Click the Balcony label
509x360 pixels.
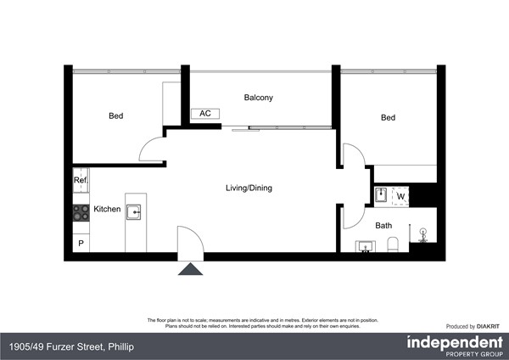(258, 98)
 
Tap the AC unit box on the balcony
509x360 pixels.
(204, 113)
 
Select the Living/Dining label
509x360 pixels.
(249, 188)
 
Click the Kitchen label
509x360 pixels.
(107, 209)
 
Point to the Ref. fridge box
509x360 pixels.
(81, 181)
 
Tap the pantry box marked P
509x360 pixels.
(81, 243)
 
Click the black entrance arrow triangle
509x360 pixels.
(191, 269)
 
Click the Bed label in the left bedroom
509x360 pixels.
(116, 116)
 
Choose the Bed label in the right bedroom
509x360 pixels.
(388, 118)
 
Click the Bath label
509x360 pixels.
(384, 226)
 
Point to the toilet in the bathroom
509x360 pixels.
(392, 245)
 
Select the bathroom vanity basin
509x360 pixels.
(366, 247)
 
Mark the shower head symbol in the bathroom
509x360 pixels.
(422, 229)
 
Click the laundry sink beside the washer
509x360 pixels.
(381, 196)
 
